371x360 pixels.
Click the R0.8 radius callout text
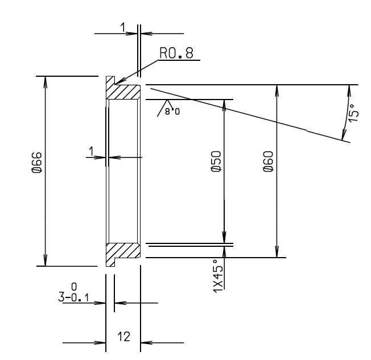(176, 53)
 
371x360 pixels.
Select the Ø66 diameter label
(37, 162)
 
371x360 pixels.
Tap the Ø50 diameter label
(216, 162)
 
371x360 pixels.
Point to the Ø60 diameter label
(268, 162)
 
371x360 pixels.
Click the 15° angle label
(353, 113)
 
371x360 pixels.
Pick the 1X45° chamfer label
(218, 276)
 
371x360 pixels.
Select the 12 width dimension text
(123, 337)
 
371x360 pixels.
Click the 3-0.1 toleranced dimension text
(73, 297)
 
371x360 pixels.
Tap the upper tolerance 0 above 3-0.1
(74, 287)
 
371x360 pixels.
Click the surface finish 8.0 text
(172, 111)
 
